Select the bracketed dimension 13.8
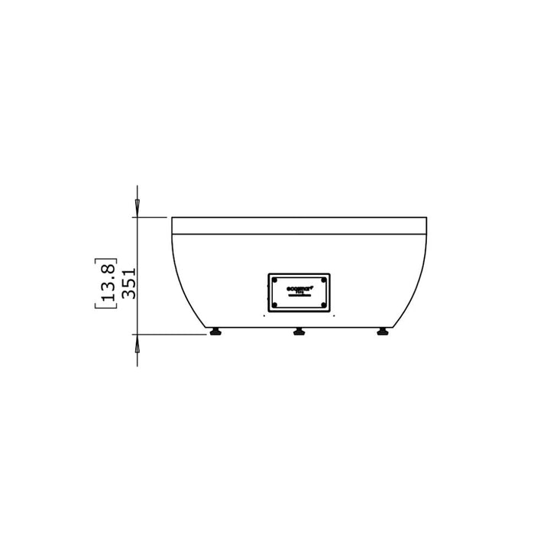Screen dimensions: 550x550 coord(108,283)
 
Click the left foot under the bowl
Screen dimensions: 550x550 coord(217,332)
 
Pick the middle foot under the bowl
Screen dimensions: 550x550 coord(299,332)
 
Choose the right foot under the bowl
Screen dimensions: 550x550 coord(381,332)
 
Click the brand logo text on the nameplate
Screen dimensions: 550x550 coord(299,289)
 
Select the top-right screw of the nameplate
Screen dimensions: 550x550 coord(325,280)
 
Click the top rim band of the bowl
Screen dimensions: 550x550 coord(299,225)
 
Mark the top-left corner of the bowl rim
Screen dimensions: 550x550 coord(172,218)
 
